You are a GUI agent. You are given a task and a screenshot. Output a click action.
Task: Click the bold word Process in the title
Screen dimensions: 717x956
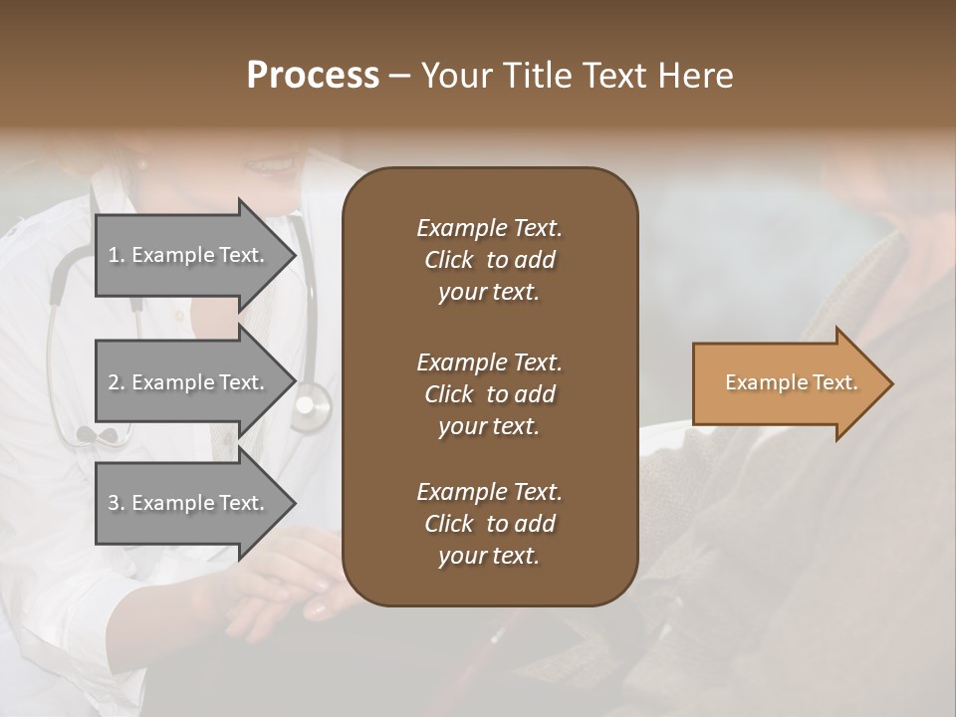coord(313,75)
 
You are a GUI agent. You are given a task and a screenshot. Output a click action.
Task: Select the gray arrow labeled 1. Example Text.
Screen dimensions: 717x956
coord(189,254)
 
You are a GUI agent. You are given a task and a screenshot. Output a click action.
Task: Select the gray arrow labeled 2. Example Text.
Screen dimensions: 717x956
coord(189,382)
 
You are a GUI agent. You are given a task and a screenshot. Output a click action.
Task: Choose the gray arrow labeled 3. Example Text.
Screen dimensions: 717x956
coord(189,503)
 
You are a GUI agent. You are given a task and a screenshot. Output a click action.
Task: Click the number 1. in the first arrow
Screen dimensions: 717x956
coord(117,255)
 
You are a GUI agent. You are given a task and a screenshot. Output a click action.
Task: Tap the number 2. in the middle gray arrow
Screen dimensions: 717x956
coord(117,382)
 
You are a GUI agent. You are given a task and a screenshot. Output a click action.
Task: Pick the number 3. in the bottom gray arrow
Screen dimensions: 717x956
coord(117,503)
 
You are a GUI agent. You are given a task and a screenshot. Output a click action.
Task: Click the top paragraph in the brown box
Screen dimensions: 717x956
coord(489,260)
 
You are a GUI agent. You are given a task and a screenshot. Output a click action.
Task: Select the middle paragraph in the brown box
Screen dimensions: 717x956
coord(489,394)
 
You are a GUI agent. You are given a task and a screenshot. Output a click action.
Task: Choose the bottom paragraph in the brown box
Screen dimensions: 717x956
coord(489,524)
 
